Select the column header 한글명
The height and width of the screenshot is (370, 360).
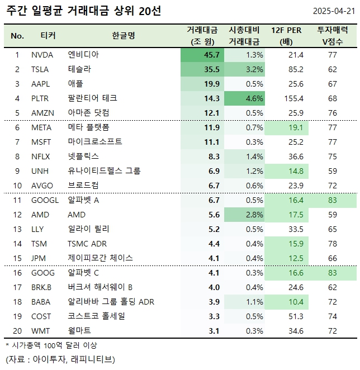[123, 35]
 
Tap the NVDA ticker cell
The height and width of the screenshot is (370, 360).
[42, 55]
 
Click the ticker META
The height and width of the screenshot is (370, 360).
[41, 127]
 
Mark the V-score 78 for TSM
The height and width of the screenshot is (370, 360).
[333, 244]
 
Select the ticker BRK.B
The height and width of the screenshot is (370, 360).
[42, 287]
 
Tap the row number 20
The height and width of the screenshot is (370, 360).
[17, 331]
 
